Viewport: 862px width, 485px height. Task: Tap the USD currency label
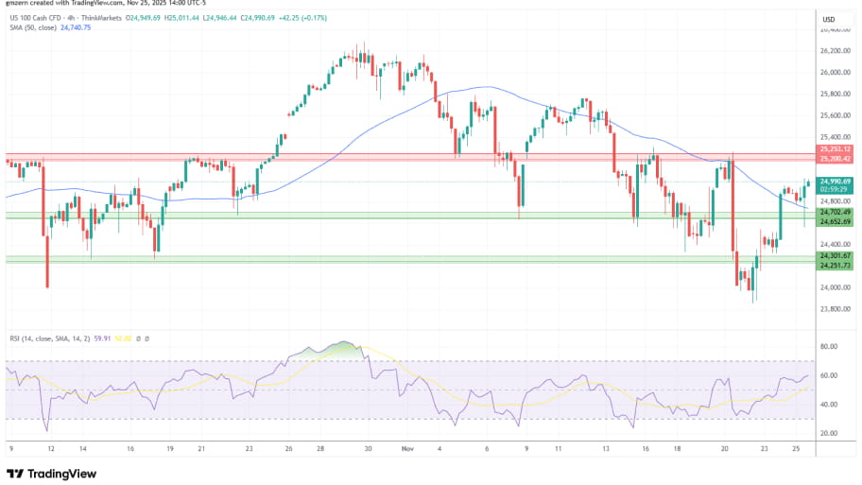pos(829,20)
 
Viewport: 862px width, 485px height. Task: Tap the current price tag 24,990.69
pos(836,181)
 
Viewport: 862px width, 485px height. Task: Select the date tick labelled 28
pos(320,450)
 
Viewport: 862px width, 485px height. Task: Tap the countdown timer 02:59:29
pos(836,189)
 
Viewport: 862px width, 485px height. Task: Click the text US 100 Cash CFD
pos(35,16)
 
